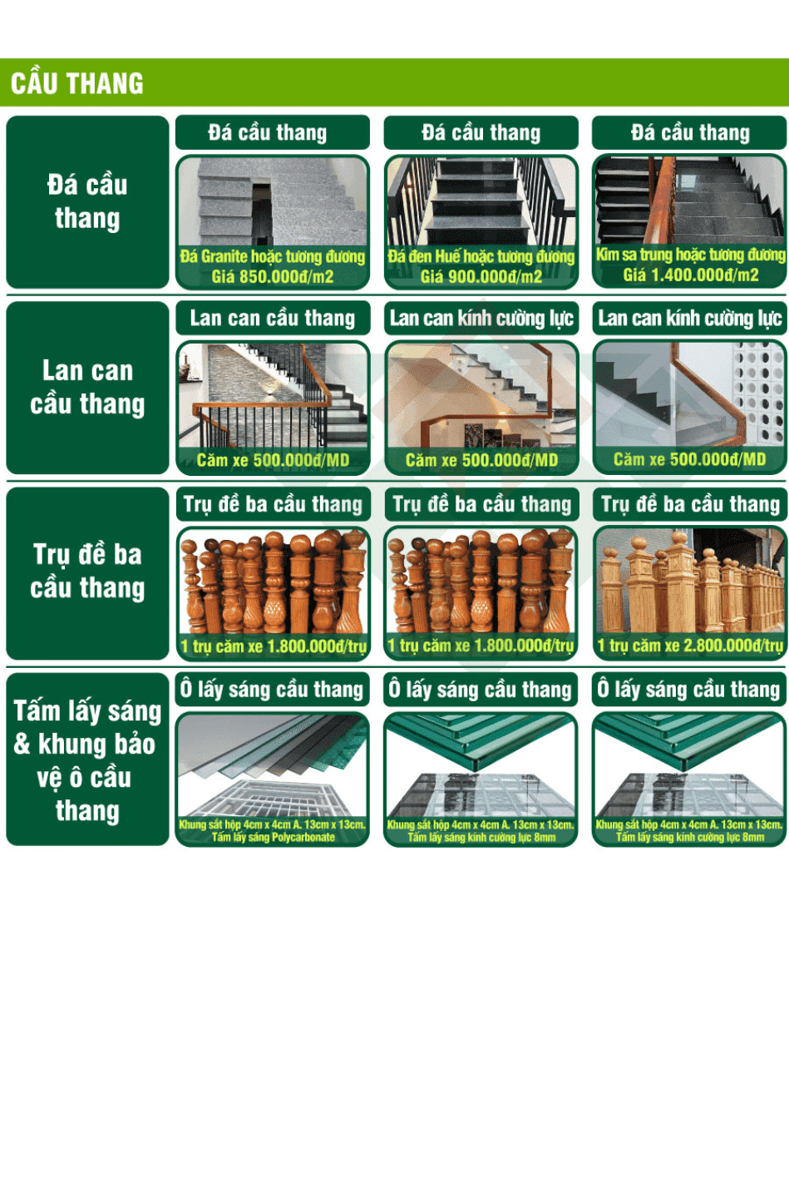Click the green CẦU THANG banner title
point(77,83)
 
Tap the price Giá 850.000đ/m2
point(273,276)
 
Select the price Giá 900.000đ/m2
point(481,276)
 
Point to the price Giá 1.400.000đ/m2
point(690,275)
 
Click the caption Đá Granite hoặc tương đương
point(273,257)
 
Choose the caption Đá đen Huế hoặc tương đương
point(481,257)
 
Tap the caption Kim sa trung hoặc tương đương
point(690,255)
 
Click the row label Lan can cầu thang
point(87,387)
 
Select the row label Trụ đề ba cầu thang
point(87,572)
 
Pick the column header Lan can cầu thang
point(273,318)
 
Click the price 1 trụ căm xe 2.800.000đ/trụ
point(690,646)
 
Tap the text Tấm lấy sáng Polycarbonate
point(273,837)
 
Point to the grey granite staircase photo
point(273,201)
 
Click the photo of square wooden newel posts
point(690,581)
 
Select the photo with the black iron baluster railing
point(273,396)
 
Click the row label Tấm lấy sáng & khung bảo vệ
point(87,760)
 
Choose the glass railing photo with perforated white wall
point(690,394)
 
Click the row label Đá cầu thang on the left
point(87,202)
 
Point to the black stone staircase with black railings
point(481,201)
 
